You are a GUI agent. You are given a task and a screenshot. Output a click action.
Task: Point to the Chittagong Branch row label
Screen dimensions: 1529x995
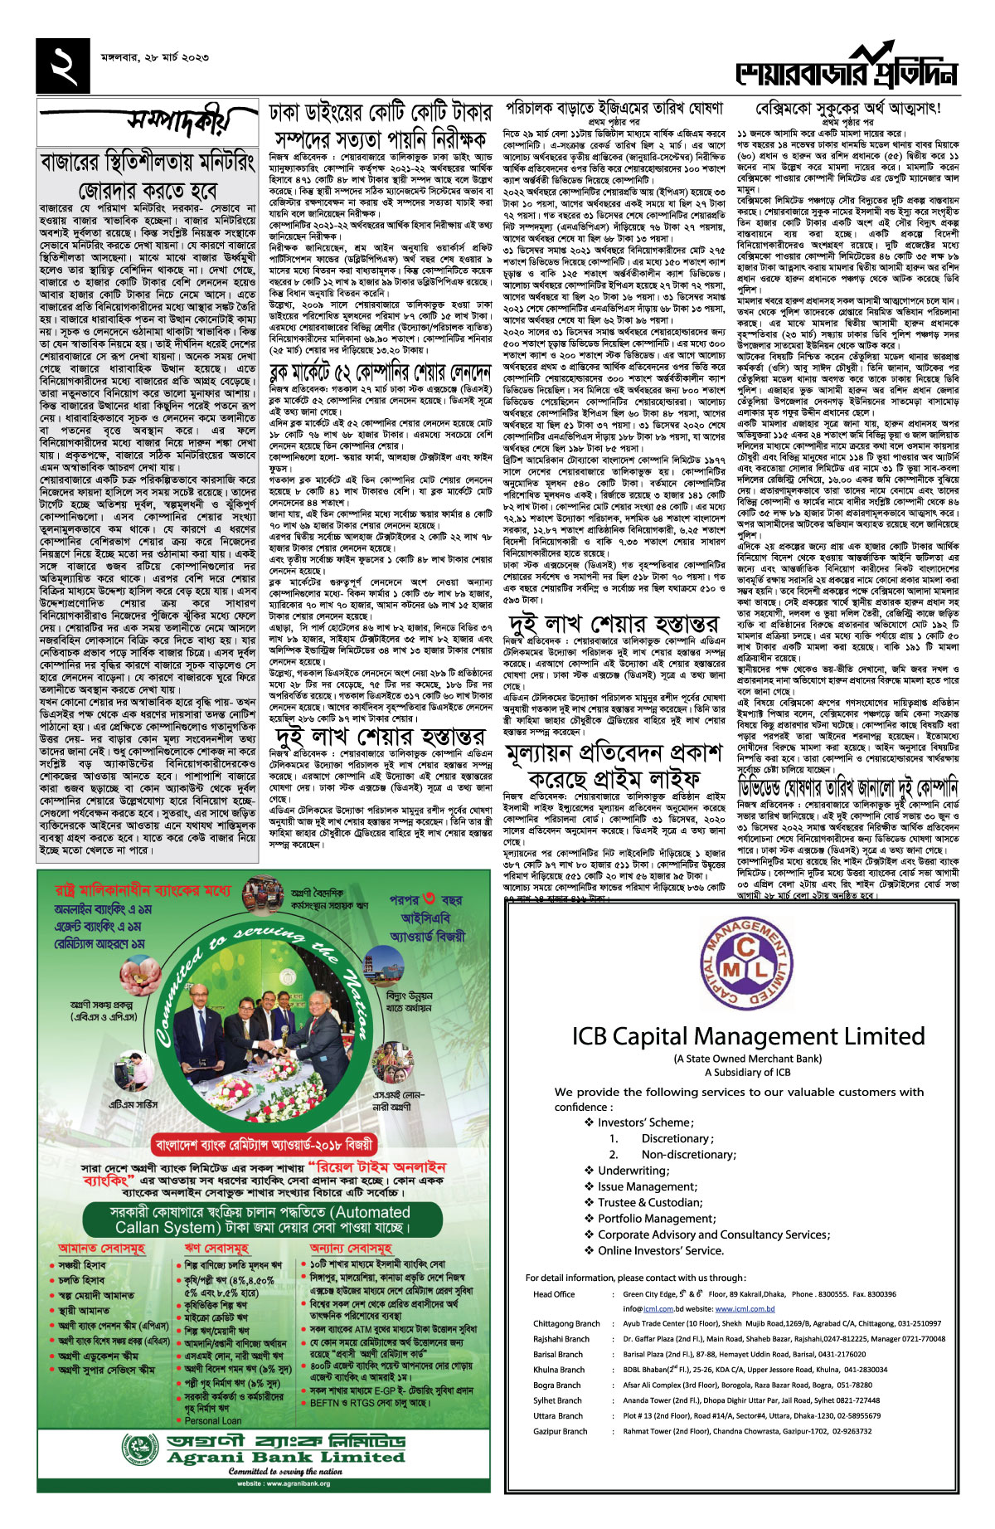click(x=566, y=1324)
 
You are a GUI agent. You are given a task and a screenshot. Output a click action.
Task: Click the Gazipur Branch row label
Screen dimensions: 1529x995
click(x=561, y=1431)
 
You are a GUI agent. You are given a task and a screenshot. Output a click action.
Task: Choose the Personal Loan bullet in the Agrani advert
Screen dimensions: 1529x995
click(x=213, y=1420)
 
